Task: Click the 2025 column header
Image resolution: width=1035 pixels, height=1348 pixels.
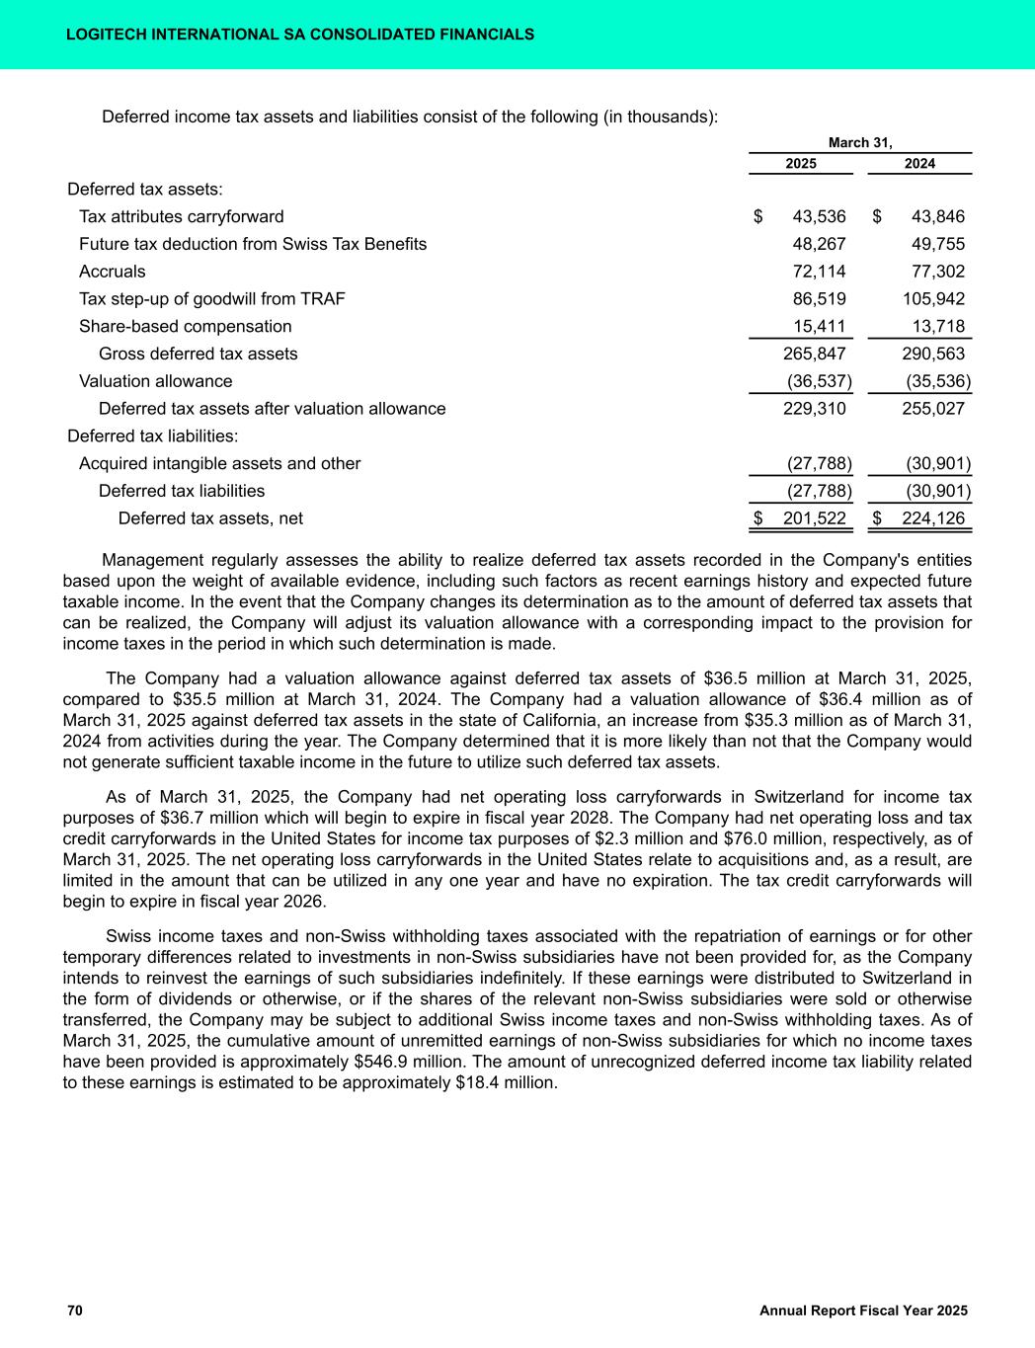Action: (800, 164)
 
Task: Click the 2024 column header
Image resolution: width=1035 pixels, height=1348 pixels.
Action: (919, 164)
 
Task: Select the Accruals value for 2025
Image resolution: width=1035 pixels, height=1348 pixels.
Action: (820, 272)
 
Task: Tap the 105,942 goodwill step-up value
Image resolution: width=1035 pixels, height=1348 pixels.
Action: (933, 299)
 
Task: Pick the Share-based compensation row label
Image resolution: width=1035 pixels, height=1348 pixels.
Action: (185, 327)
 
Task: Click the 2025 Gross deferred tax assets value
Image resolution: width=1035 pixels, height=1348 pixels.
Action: (814, 354)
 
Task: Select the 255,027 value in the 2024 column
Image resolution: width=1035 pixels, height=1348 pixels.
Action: (933, 409)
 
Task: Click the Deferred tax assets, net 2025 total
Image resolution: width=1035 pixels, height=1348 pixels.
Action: (814, 518)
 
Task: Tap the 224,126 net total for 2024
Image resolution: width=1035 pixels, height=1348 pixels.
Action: (933, 518)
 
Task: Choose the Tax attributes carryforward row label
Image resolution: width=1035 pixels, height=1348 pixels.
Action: (181, 217)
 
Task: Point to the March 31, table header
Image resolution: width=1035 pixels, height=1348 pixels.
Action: (860, 143)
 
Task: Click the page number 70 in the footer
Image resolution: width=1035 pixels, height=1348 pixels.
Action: (75, 1310)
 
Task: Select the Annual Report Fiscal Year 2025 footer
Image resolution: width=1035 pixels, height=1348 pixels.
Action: (863, 1310)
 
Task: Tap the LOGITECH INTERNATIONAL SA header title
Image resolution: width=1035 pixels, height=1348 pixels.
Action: (299, 35)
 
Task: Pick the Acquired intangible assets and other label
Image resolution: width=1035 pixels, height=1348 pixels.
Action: (219, 464)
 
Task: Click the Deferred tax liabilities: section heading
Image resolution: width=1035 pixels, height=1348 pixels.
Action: (153, 436)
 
